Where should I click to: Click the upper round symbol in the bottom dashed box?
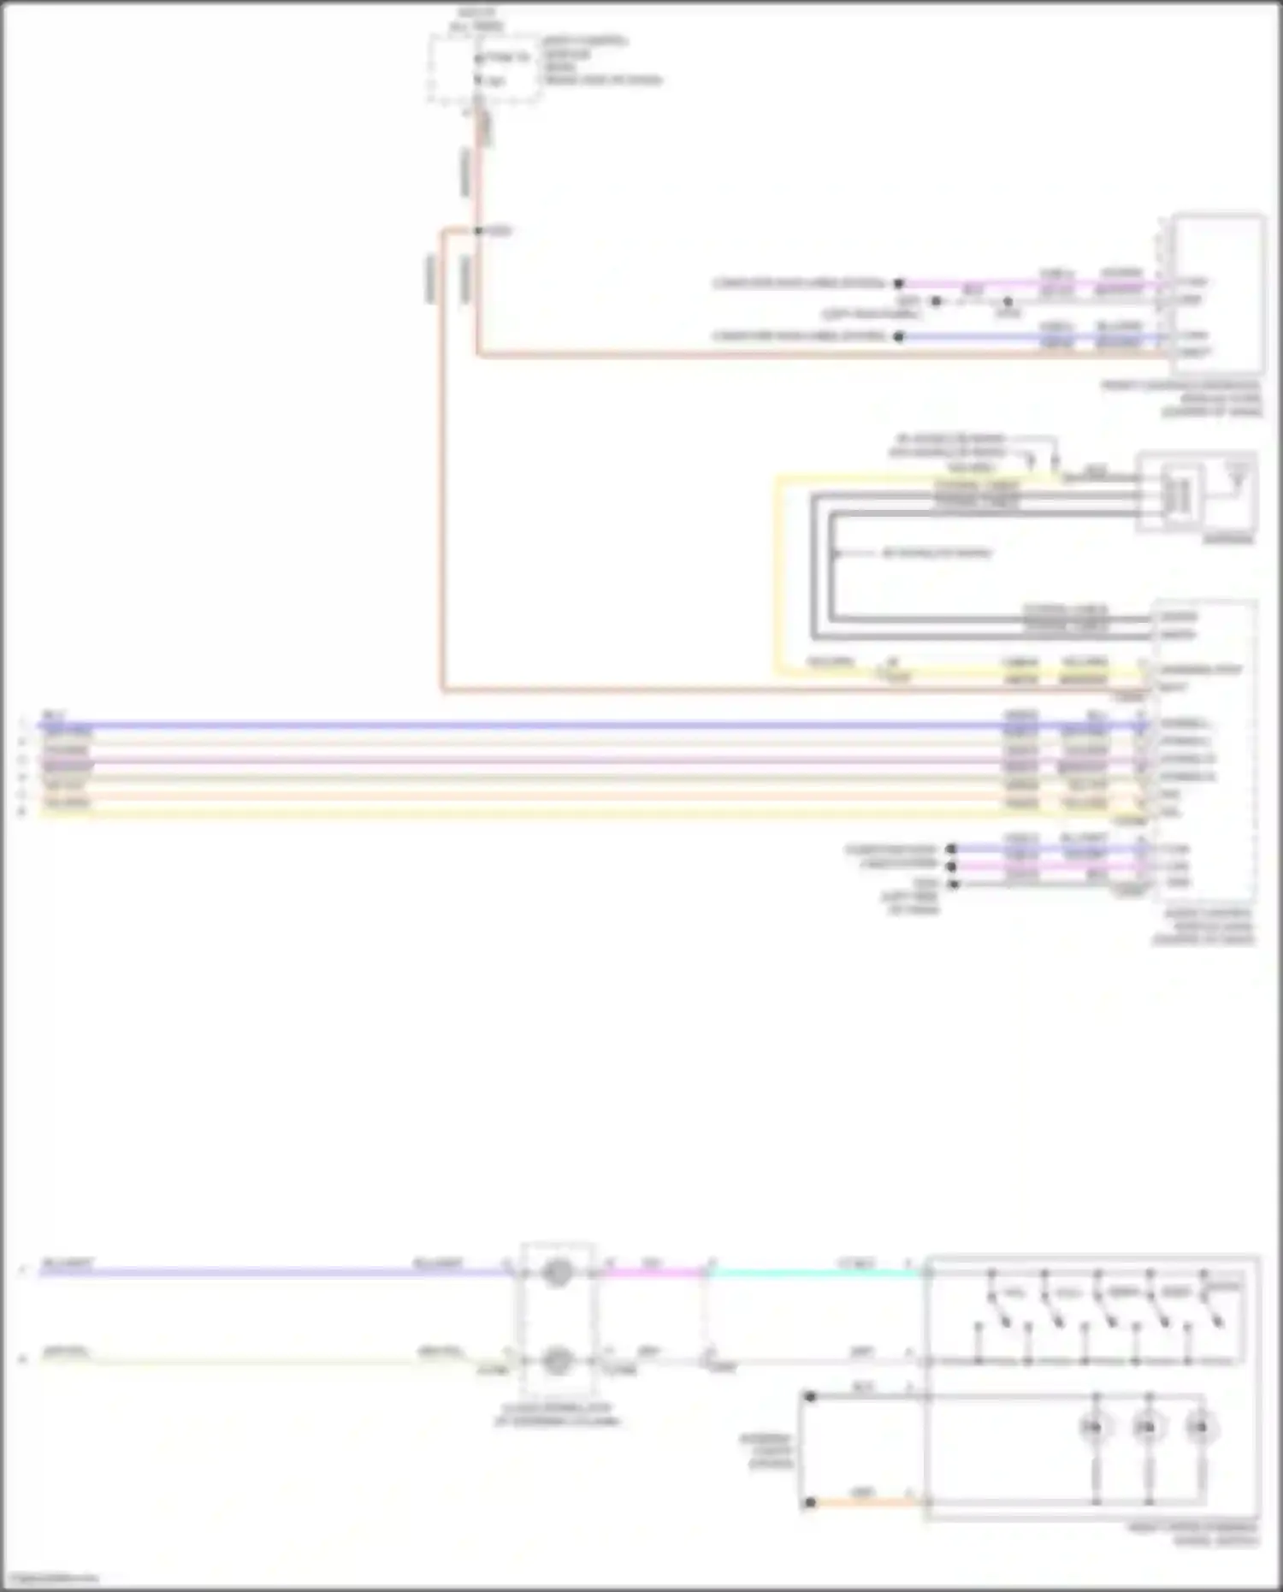pyautogui.click(x=558, y=1273)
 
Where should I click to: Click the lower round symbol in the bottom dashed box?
pyautogui.click(x=558, y=1359)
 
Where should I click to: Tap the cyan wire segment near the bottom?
pyautogui.click(x=813, y=1273)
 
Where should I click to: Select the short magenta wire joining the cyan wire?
pyautogui.click(x=654, y=1273)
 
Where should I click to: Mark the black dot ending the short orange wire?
pyautogui.click(x=809, y=1502)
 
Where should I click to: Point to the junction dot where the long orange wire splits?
pyautogui.click(x=478, y=231)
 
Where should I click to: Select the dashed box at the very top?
pyautogui.click(x=485, y=68)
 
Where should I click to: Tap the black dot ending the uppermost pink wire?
pyautogui.click(x=899, y=283)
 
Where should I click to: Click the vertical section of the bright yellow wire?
pyautogui.click(x=777, y=573)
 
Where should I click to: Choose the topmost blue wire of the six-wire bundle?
pyautogui.click(x=513, y=725)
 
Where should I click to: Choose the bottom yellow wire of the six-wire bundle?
pyautogui.click(x=513, y=812)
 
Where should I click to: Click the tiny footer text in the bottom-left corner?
pyautogui.click(x=51, y=1578)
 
